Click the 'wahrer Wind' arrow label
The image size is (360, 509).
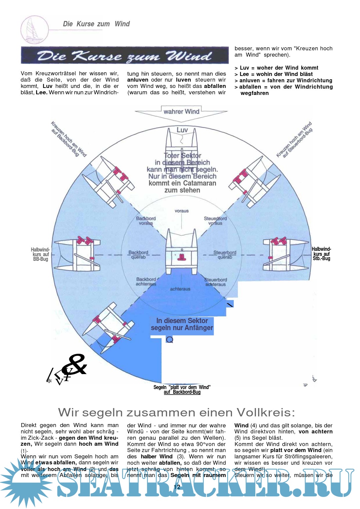[181, 112]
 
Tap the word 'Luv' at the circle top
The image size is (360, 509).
[182, 130]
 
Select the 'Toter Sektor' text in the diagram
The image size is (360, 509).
[183, 156]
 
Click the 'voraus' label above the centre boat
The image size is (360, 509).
[182, 211]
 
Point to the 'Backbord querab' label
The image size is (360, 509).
[138, 255]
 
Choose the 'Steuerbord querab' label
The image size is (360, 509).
[225, 255]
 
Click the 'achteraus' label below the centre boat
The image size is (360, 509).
[180, 289]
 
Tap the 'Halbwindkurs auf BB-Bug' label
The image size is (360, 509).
[40, 254]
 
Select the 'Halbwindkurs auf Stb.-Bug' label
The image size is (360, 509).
[321, 254]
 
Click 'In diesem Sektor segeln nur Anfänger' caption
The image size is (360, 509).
[182, 324]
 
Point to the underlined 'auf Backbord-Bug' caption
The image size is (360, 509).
[182, 392]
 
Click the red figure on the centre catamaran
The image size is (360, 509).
[182, 256]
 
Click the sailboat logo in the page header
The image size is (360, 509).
[34, 29]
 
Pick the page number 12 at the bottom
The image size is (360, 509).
[177, 487]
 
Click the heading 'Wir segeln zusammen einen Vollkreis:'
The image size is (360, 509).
[176, 412]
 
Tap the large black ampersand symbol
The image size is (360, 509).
[75, 364]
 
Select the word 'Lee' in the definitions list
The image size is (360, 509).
[244, 74]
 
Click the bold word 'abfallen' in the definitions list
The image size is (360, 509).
[250, 87]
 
